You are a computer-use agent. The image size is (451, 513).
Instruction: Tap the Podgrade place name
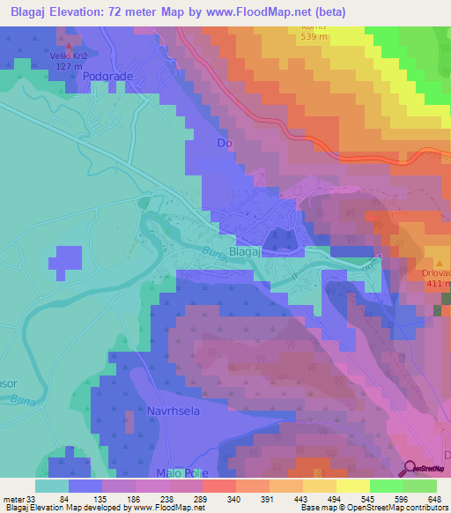107,77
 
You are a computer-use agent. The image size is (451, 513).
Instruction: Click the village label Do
224,143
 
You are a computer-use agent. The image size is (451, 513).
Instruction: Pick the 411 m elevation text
440,284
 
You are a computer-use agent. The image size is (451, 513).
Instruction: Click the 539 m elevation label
312,38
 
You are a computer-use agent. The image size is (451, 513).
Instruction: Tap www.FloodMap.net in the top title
263,12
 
